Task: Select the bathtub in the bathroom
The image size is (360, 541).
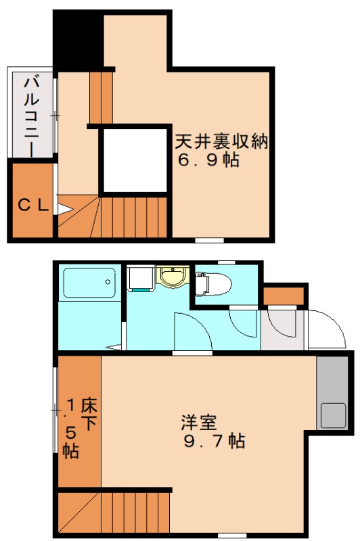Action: [x=89, y=283]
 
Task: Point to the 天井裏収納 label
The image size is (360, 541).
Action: [x=222, y=143]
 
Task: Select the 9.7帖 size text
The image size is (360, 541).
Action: [x=214, y=442]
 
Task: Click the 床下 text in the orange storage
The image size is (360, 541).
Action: [x=89, y=414]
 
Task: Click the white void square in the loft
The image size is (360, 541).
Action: [x=134, y=160]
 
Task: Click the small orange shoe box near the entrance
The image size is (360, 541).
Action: [x=284, y=296]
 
